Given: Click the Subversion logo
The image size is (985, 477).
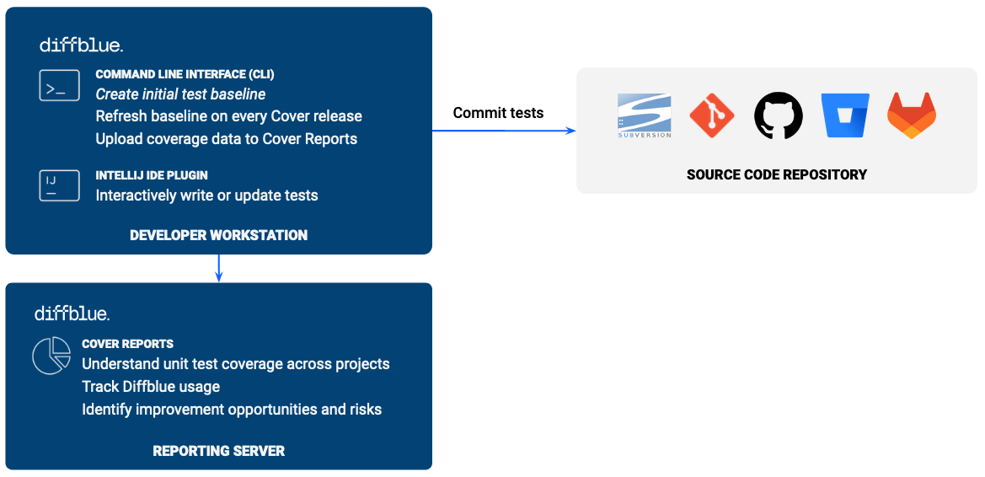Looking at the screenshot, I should (645, 115).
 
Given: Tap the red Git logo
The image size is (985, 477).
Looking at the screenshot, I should (712, 115).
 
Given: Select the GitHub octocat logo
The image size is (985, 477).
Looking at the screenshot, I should (779, 115).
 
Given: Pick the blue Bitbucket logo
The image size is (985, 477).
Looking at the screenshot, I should (845, 115).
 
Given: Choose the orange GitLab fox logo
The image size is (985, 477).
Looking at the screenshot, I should (912, 115).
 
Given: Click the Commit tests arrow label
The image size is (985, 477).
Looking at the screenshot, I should (498, 113).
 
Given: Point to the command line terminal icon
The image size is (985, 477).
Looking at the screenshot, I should (59, 86).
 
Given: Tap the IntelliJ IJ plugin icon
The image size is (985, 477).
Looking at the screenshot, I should (59, 185).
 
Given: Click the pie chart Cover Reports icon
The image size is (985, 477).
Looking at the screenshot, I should (51, 356).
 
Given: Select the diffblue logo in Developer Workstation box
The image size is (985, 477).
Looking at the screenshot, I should (81, 45).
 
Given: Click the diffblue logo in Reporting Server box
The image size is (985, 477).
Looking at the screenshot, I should (72, 314).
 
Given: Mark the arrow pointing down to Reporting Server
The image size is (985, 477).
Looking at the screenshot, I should (218, 268).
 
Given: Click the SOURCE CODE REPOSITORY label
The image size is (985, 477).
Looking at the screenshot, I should (776, 175).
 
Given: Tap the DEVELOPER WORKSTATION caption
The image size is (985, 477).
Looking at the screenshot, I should (218, 235).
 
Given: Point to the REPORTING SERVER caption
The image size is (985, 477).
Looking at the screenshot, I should (218, 451).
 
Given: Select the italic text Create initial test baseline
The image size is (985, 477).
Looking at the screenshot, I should (180, 94).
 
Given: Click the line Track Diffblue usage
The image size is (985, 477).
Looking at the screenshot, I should (151, 387).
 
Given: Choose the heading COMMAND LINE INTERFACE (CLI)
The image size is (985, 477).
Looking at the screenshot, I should (185, 74).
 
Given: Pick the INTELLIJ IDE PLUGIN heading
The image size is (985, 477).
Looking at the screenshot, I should (152, 175).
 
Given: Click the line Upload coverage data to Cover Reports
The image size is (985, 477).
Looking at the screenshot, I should (227, 139).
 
